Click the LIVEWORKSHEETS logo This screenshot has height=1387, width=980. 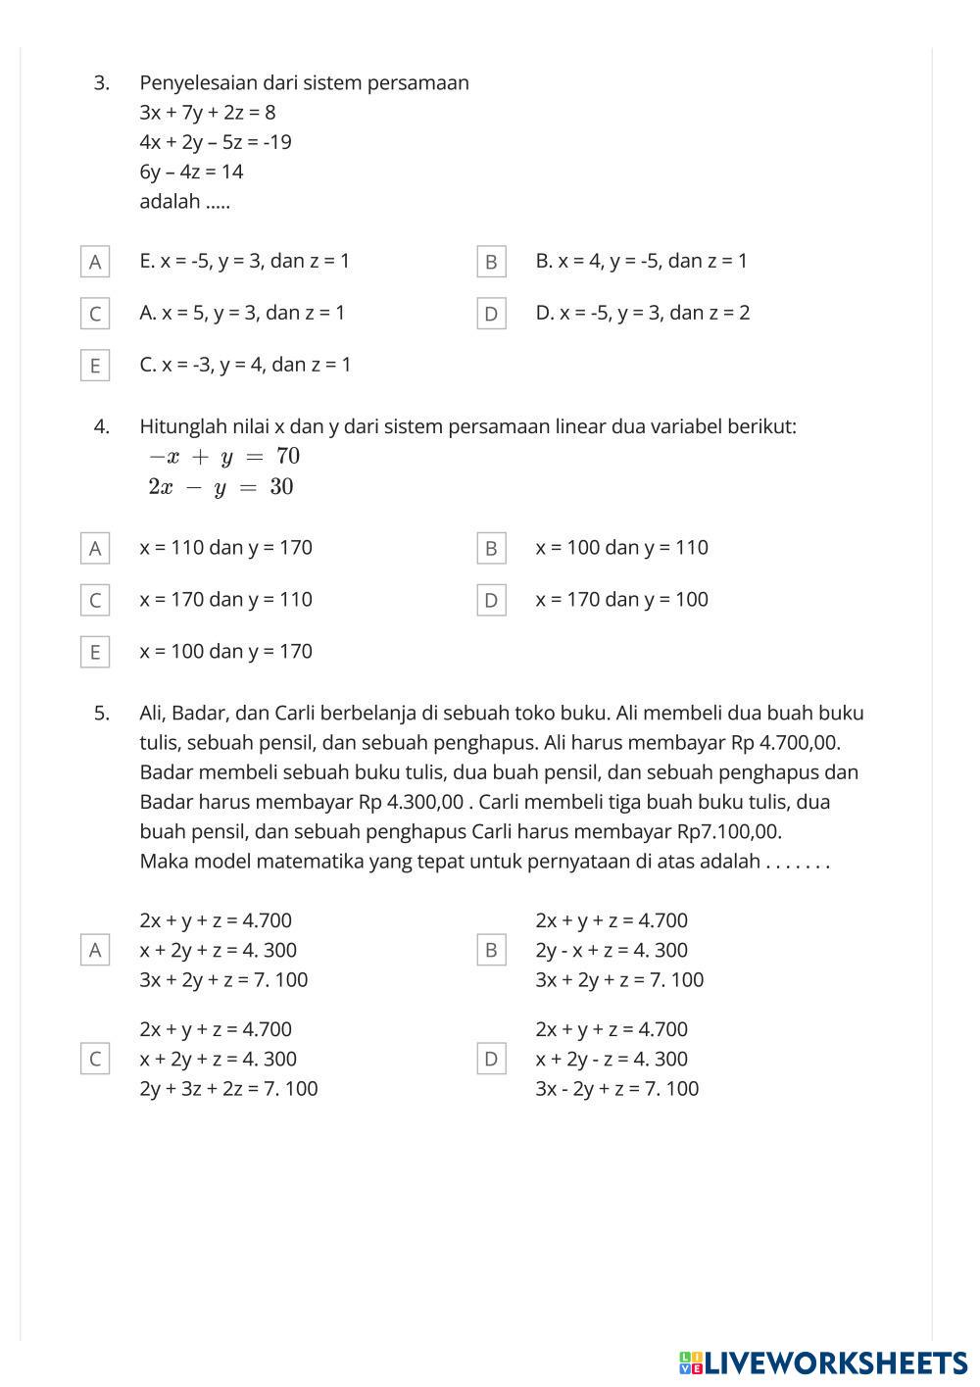click(x=822, y=1362)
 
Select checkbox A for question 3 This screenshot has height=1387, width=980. click(x=95, y=262)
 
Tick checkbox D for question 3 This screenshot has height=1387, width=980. click(x=491, y=314)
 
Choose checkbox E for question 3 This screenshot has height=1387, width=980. click(x=95, y=366)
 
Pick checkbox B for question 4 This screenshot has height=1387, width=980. click(x=491, y=549)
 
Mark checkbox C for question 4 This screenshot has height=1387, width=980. click(x=95, y=600)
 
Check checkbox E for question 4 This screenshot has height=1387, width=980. click(x=95, y=652)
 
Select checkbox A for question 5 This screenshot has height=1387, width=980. click(x=95, y=950)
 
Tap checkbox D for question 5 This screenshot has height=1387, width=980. click(x=491, y=1059)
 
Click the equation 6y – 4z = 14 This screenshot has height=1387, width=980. click(x=191, y=172)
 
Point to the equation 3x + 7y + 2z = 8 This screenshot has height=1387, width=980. click(x=207, y=112)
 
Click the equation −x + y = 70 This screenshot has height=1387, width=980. click(x=223, y=456)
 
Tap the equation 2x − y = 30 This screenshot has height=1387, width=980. click(x=220, y=487)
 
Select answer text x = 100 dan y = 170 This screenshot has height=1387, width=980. click(x=225, y=651)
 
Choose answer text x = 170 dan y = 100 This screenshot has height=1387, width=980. click(x=621, y=599)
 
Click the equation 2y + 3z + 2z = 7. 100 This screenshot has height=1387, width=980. click(x=228, y=1088)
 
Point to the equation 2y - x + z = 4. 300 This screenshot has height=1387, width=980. click(x=612, y=950)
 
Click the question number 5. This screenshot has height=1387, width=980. click(x=102, y=713)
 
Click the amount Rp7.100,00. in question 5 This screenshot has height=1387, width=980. click(x=729, y=831)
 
